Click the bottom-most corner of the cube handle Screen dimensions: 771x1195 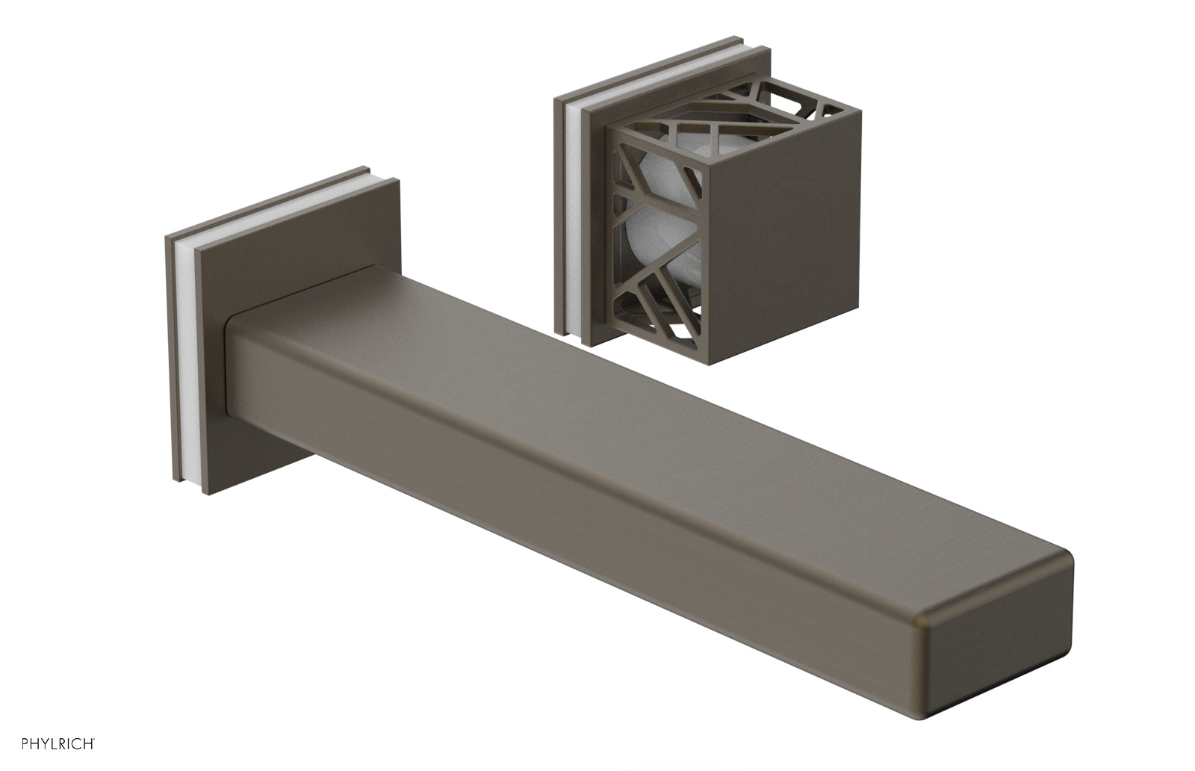click(708, 365)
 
